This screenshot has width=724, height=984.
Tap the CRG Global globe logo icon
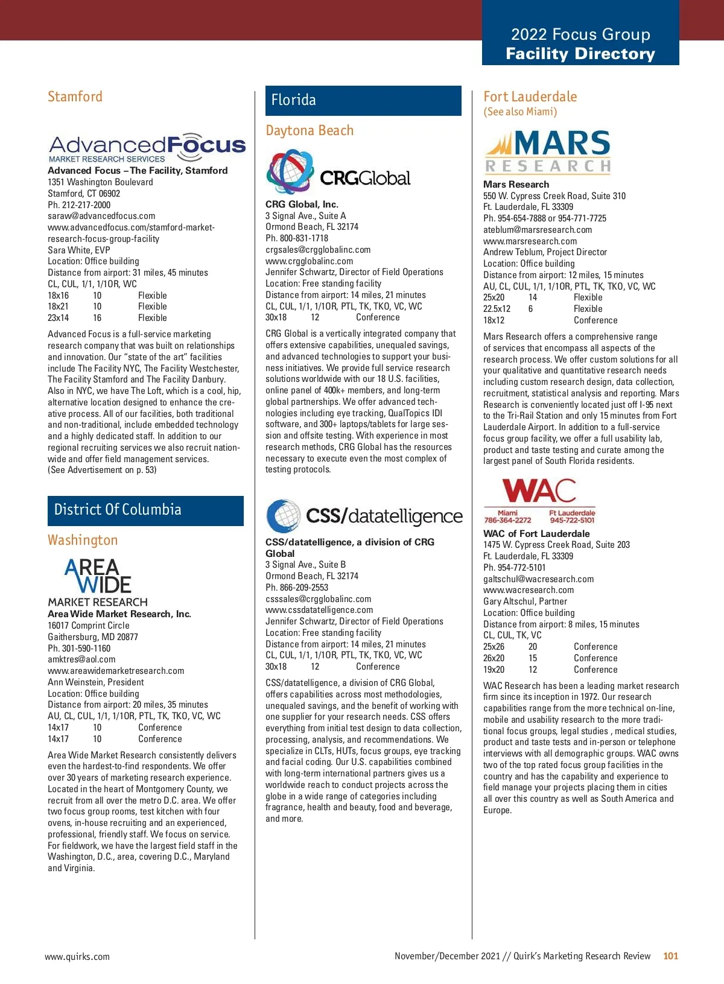pos(290,171)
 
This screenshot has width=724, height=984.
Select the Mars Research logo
pos(548,152)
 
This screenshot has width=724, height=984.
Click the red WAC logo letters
pos(539,491)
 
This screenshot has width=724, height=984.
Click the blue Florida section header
pos(363,100)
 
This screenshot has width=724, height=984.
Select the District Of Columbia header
pos(145,510)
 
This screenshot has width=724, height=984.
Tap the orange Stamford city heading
pos(75,97)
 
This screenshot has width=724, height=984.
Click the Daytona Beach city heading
pos(310,130)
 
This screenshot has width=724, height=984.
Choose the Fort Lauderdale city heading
pos(530,97)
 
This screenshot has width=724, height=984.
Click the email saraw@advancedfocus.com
pos(101,216)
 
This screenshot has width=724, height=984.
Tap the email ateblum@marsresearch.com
pos(538,230)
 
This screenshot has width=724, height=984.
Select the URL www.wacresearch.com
pos(529,590)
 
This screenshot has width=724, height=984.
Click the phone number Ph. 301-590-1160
pos(79,649)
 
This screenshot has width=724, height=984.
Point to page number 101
pos(670,956)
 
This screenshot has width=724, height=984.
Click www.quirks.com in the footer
pos(77,956)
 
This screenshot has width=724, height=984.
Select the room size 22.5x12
pos(497,309)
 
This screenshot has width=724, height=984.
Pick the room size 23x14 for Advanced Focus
pos(58,318)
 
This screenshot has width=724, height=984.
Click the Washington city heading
pos(83,540)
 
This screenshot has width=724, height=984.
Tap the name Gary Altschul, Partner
pos(525,602)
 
